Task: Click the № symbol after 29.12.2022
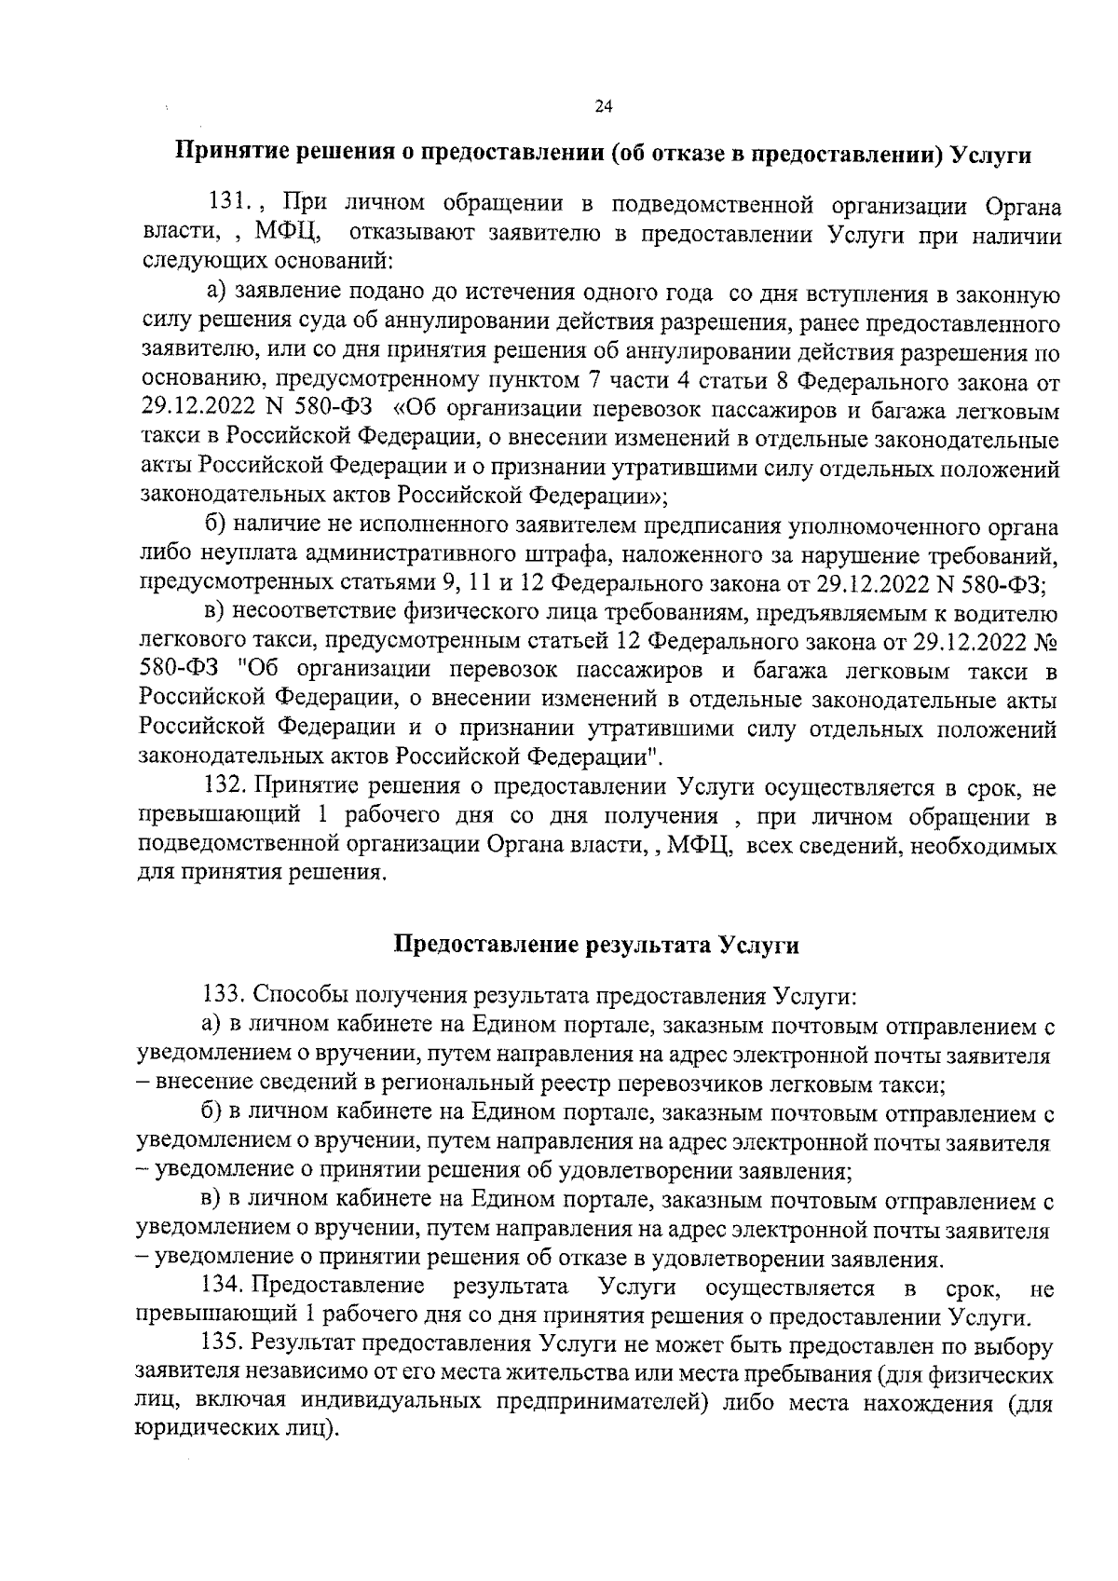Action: (1046, 643)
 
